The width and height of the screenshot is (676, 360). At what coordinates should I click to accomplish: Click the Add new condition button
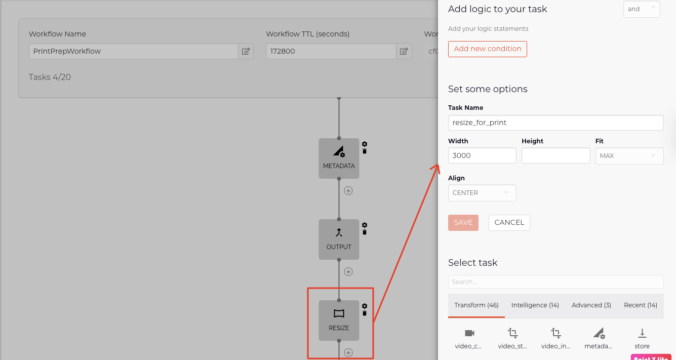point(487,49)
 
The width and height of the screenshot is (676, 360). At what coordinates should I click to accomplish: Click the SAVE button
point(463,223)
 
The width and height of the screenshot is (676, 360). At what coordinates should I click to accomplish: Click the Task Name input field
point(555,123)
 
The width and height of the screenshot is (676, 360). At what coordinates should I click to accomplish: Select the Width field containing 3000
point(482,155)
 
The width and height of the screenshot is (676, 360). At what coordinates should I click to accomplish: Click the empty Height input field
point(555,155)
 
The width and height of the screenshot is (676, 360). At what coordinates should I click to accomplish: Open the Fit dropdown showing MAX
point(629,156)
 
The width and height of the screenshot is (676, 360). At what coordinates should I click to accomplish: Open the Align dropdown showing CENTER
point(482,193)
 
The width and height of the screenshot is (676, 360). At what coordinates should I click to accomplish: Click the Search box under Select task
point(555,282)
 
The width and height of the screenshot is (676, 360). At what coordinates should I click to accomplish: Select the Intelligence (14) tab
point(535,305)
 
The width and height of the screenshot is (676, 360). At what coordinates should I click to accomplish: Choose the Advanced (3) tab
point(591,305)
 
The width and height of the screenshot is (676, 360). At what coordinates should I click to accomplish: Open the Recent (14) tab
point(640,305)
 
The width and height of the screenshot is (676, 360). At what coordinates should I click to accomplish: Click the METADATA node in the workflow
point(339,158)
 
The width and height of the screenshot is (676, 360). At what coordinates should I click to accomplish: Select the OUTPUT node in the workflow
point(339,239)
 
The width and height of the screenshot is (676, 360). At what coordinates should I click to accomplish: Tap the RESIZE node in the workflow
point(339,320)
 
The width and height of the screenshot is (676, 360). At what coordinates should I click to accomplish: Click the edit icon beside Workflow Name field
point(246,51)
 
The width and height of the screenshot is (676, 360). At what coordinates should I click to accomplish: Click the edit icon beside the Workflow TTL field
point(404,51)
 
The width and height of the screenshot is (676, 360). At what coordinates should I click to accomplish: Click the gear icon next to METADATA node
point(365,144)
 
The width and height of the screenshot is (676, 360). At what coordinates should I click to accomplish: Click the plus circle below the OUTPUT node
point(348,271)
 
